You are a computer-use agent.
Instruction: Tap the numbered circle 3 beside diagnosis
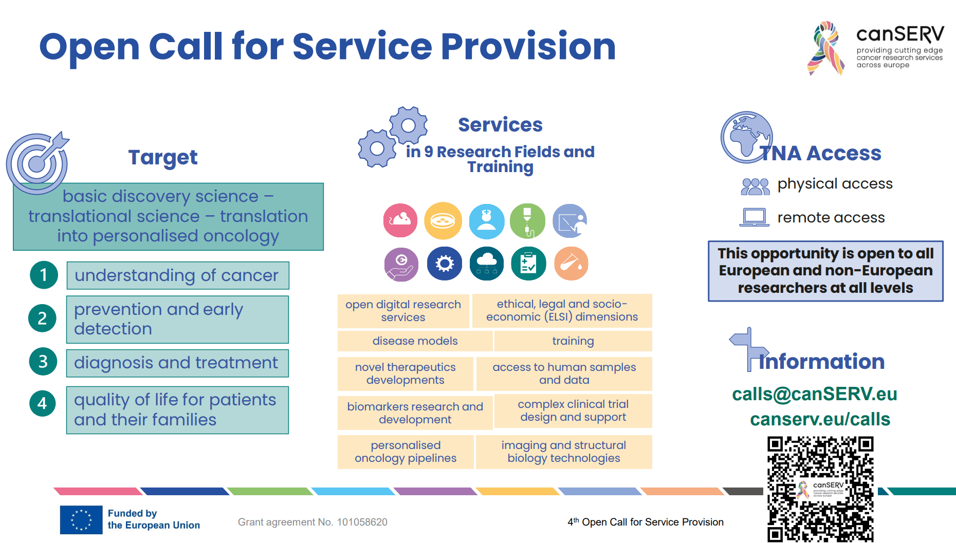pos(43,362)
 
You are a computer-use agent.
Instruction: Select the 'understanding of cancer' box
pos(177,275)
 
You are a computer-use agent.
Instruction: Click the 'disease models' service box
pos(415,341)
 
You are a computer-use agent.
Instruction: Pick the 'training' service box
pos(573,341)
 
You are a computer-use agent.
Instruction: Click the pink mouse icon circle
pos(400,220)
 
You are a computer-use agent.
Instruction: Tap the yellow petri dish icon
pos(443,220)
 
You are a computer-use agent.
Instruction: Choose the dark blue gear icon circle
pos(445,264)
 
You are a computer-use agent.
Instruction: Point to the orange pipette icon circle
pos(571,264)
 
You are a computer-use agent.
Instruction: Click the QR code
pos(820,489)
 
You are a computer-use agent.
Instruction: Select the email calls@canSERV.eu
pos(815,394)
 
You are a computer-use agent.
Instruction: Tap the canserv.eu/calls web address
pos(820,419)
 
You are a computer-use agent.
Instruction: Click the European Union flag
pos(81,520)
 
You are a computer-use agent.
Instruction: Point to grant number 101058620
pos(362,522)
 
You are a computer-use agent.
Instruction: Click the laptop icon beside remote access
pos(755,217)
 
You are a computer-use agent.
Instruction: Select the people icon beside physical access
pos(755,186)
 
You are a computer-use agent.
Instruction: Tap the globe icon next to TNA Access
pos(746,137)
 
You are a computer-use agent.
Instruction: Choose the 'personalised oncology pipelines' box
pos(406,452)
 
